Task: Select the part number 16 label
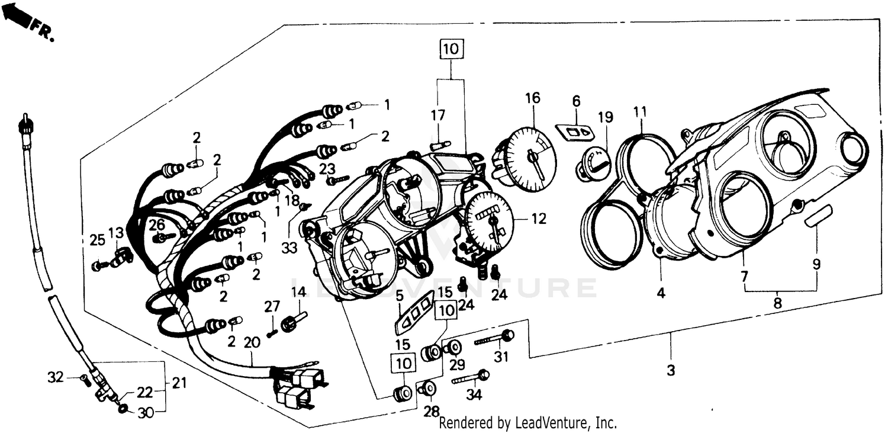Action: [532, 98]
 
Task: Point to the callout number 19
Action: [603, 117]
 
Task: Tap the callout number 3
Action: [670, 371]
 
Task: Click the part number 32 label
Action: [55, 376]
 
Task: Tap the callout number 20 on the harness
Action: [252, 342]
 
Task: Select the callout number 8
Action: [777, 303]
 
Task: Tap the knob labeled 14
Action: [291, 323]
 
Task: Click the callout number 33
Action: [289, 249]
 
